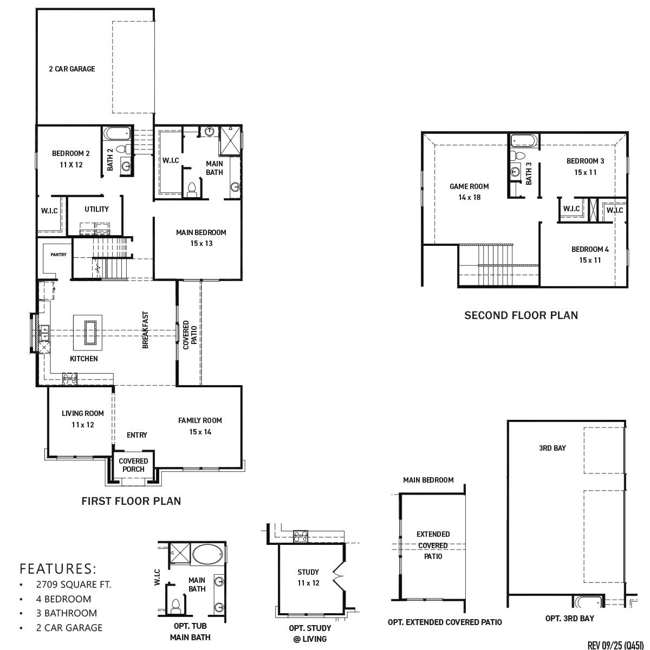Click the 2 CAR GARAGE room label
71,69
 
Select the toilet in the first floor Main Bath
191,190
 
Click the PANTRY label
58,255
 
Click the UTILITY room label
96,209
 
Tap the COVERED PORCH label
133,465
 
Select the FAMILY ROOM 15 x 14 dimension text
200,432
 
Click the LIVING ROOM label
82,413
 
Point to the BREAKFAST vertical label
145,329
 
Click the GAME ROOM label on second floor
469,186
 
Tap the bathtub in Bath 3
523,141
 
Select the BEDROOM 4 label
590,249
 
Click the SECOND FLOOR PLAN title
521,315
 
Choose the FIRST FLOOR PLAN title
131,501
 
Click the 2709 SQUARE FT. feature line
74,584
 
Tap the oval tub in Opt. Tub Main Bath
207,555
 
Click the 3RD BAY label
552,448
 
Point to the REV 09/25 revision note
616,645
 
